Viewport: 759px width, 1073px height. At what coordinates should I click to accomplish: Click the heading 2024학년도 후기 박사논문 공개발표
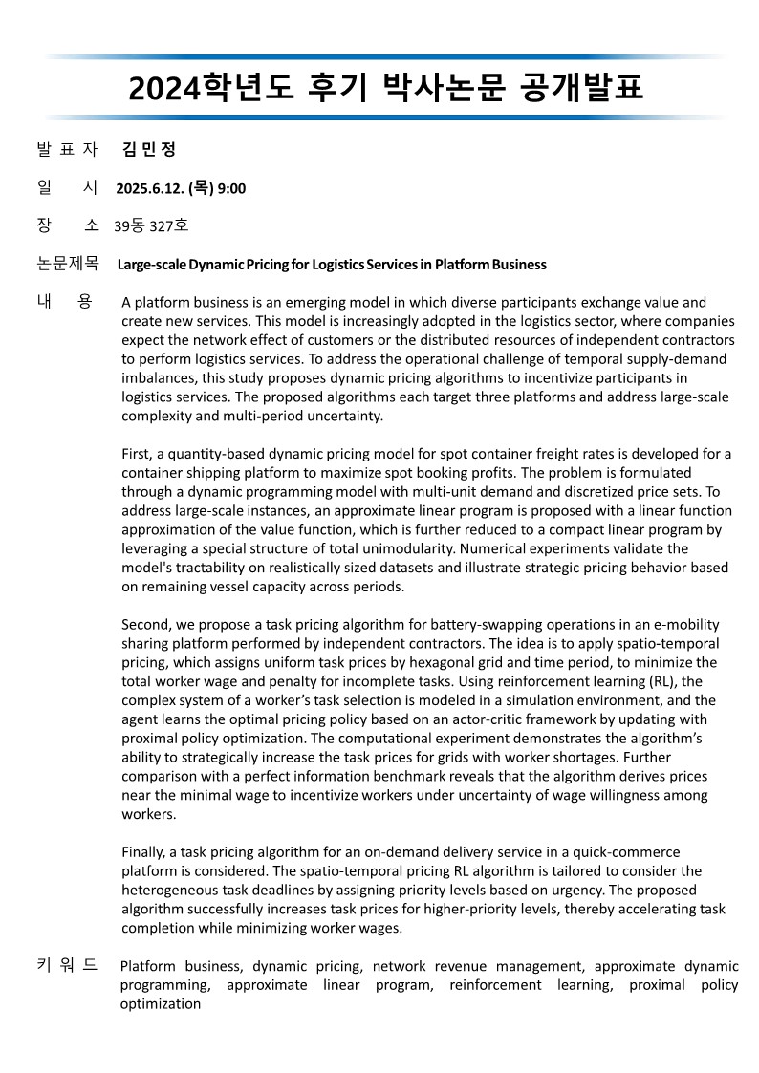tap(385, 88)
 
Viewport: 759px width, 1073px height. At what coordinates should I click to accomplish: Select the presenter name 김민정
tap(150, 149)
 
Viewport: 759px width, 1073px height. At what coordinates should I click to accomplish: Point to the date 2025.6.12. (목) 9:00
tap(181, 188)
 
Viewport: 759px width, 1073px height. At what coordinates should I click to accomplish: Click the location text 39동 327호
tap(151, 226)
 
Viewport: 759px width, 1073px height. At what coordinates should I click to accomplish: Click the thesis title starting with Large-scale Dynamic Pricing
tap(332, 265)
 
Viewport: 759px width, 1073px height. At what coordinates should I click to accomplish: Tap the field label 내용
tap(65, 302)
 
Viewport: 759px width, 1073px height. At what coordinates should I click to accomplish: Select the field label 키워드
tap(67, 966)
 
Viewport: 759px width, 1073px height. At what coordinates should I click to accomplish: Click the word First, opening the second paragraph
tap(138, 453)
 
